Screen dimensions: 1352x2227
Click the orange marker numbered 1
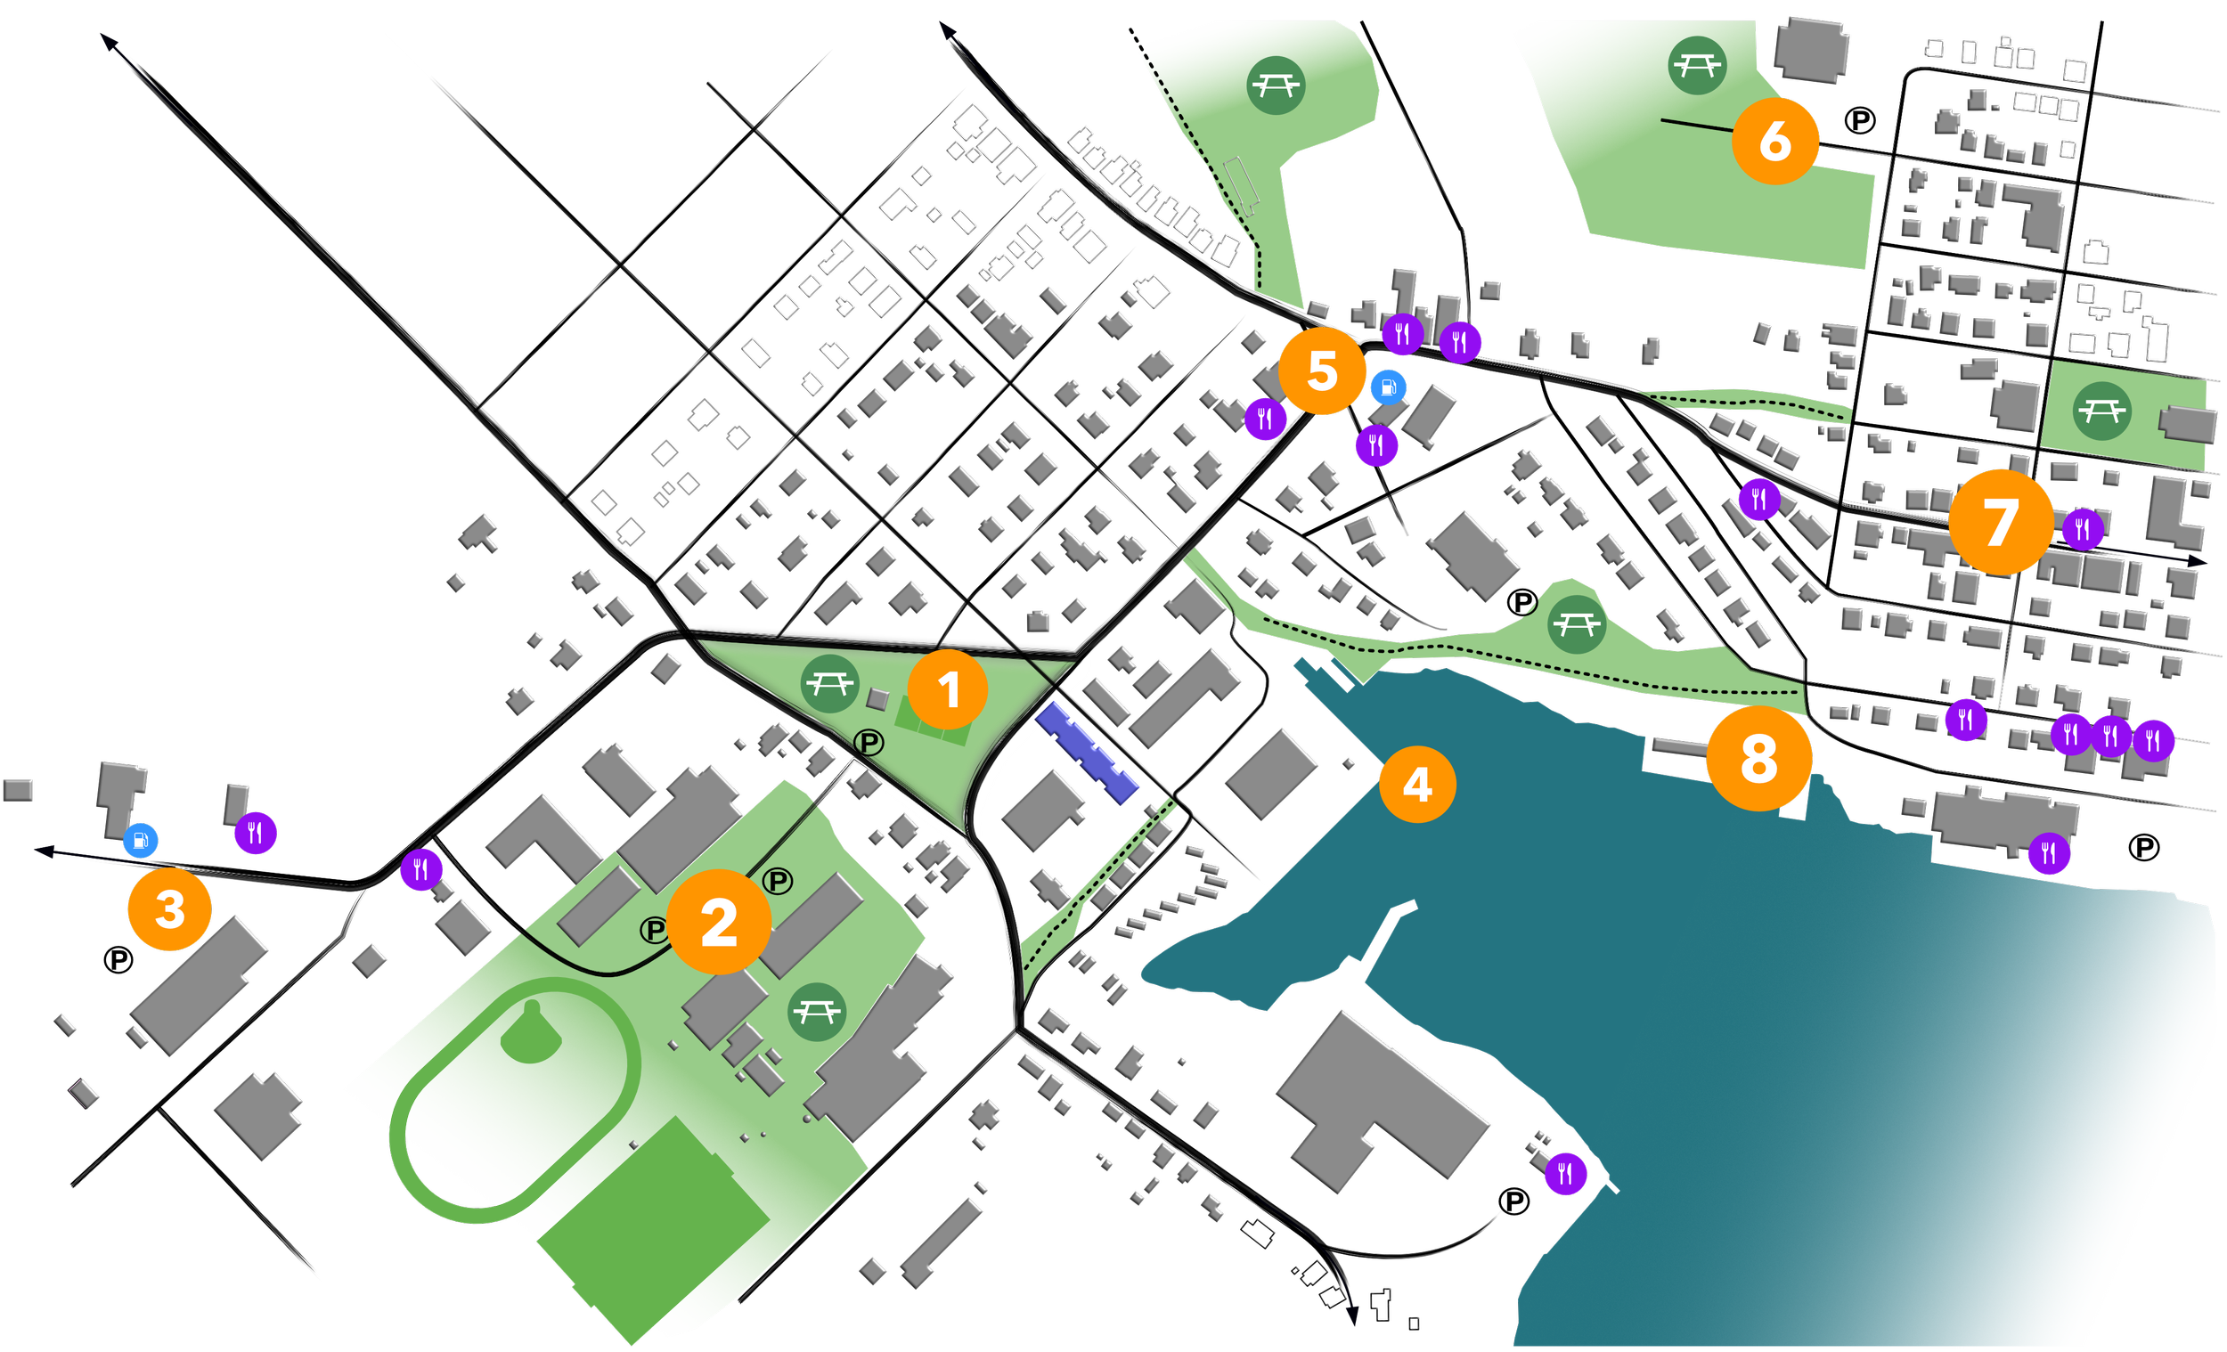[947, 689]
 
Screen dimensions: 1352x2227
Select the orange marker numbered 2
[719, 922]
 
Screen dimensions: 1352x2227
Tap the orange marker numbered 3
[170, 908]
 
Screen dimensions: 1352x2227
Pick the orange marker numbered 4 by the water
[1417, 784]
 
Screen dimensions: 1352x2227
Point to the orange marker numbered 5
[1321, 371]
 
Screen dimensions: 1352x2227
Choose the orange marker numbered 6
[1775, 141]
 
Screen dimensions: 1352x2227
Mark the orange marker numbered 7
[2000, 522]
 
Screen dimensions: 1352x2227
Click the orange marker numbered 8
[1758, 758]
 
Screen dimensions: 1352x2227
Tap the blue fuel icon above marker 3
[140, 841]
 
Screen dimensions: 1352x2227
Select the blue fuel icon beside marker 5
[1388, 387]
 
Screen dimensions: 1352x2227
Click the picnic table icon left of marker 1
[828, 684]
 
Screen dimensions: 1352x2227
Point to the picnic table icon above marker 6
[1696, 65]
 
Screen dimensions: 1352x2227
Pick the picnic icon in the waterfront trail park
[1576, 623]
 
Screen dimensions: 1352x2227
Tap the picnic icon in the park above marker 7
[2102, 411]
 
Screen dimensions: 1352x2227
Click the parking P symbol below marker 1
[869, 743]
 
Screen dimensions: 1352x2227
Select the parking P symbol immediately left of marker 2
[654, 929]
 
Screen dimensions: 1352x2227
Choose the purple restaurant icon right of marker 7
[2083, 528]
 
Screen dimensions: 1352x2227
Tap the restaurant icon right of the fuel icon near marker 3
[256, 833]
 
